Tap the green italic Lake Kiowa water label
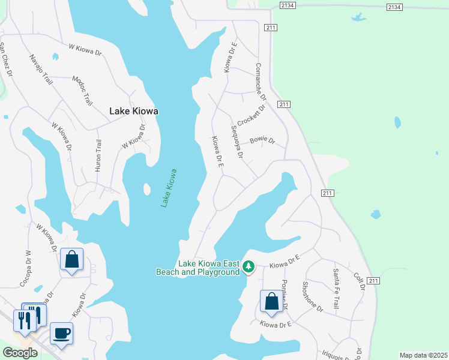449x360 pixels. (169, 188)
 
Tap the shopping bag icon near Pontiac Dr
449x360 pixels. (271, 301)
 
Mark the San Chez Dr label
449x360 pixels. (6, 59)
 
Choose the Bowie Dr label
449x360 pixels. (262, 141)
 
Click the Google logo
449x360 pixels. (20, 353)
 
